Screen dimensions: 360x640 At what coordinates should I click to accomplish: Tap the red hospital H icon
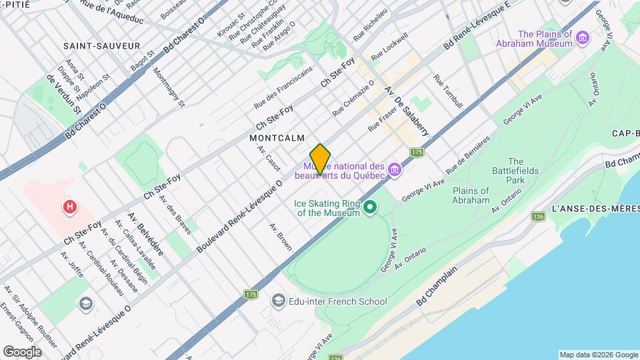[69, 208]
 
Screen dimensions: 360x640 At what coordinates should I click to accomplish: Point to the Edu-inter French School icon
[278, 301]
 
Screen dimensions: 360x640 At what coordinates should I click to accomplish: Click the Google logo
[21, 351]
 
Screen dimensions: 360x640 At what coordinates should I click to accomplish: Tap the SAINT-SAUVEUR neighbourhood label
[102, 46]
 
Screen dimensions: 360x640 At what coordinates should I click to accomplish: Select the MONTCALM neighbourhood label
[277, 138]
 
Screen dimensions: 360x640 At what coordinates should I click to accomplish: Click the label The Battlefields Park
[515, 171]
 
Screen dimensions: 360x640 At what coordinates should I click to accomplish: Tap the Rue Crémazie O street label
[353, 97]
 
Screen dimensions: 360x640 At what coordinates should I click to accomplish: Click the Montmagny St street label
[168, 87]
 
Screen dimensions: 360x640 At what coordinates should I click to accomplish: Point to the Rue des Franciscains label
[283, 89]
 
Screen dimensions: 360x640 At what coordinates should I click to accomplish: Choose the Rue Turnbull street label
[447, 91]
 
